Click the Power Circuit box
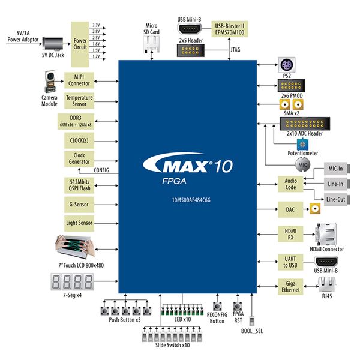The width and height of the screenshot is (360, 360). [80, 44]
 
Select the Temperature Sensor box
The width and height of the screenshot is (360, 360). [79, 101]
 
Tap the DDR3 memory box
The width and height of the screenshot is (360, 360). [79, 121]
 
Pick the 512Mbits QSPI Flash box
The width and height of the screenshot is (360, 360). [79, 184]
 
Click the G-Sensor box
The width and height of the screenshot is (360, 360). [79, 205]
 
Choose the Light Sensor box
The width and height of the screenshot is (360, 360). [79, 223]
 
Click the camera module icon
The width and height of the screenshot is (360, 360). [50, 80]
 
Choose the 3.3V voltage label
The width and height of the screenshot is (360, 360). [96, 26]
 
